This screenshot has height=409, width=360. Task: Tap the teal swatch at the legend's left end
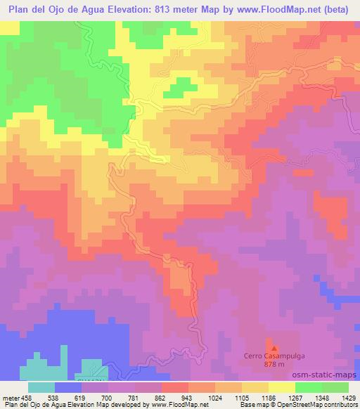coord(41,387)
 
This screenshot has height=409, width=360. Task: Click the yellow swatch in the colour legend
coord(282,387)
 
